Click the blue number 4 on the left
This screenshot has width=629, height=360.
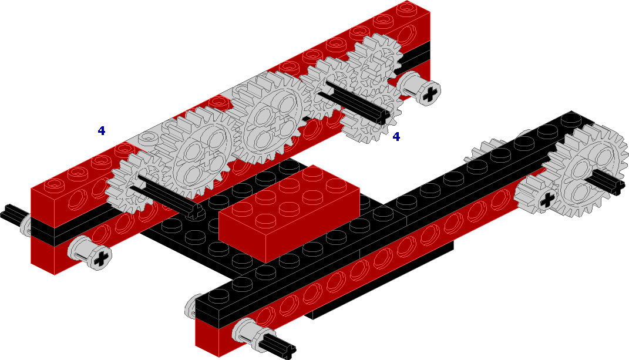pos(102,130)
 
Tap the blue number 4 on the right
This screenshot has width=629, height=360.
pos(396,136)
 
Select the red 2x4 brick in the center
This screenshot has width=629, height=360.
pos(289,213)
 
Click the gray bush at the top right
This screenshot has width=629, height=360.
pos(419,88)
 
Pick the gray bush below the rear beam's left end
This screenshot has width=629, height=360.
pos(89,253)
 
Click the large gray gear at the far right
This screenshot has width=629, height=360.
pos(589,170)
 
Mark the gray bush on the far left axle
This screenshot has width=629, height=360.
pos(26,225)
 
